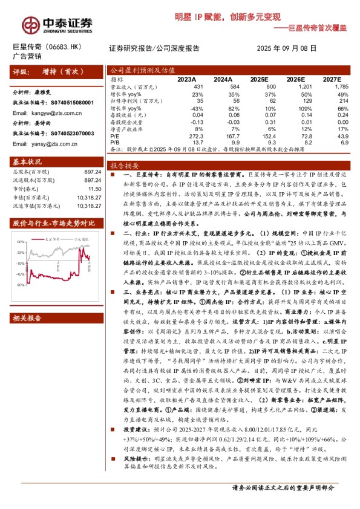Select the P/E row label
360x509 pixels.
115,137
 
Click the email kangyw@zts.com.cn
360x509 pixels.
48,113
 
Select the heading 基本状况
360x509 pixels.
28,163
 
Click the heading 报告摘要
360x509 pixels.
125,165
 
